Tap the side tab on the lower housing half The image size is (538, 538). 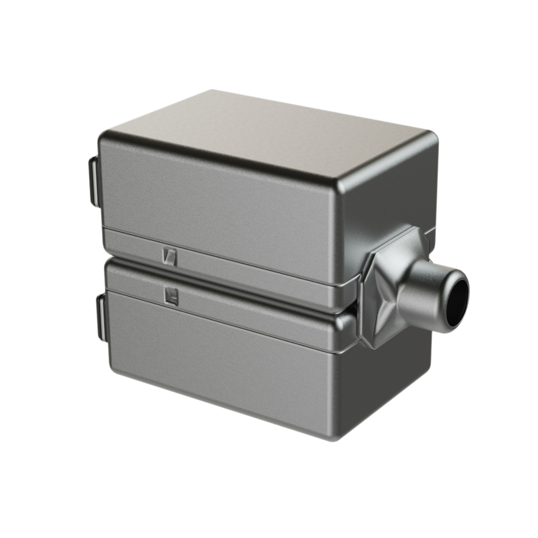[101, 317]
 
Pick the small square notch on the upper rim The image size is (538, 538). [169, 256]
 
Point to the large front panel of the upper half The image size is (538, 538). [215, 194]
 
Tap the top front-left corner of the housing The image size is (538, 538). [105, 137]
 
